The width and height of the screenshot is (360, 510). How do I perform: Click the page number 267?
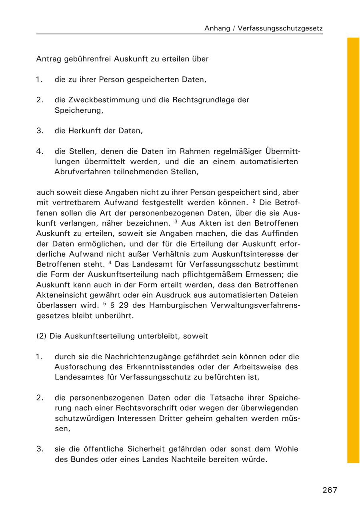tap(330, 490)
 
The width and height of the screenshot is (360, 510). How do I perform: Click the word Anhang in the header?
tap(217, 28)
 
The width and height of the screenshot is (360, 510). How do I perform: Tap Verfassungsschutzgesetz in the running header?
tap(280, 28)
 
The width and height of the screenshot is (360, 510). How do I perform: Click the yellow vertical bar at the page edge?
tap(353, 250)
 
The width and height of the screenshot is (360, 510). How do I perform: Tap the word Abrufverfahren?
tap(81, 172)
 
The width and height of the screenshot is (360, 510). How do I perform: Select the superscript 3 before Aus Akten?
tap(176, 222)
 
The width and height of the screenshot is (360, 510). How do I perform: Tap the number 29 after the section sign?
tap(123, 305)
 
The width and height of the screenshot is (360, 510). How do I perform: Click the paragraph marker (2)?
tap(42, 336)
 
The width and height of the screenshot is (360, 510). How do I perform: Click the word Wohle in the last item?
tap(287, 449)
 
